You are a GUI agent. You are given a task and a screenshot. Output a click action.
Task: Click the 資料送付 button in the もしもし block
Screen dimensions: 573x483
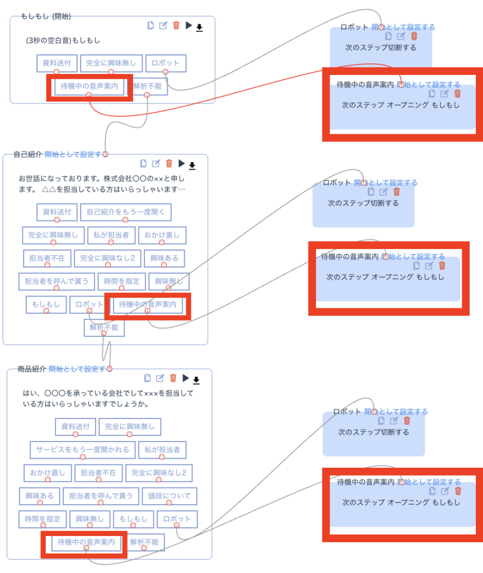[x=57, y=63]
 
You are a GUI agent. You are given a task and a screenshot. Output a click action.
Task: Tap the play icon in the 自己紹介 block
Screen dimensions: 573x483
[x=181, y=163]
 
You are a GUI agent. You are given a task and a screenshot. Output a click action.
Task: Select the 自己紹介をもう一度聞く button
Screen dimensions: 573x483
[x=126, y=212]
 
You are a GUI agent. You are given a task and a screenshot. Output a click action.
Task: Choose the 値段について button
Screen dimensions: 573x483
[x=169, y=496]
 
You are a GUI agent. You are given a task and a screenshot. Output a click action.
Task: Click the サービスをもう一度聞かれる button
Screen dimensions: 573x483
[x=82, y=449]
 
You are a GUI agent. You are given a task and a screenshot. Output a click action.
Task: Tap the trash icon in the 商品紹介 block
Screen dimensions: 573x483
[x=173, y=378]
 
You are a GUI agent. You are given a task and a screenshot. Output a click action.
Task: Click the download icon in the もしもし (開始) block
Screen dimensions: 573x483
[x=199, y=27]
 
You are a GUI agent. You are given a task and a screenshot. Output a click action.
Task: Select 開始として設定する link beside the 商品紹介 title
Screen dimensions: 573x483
[x=77, y=369]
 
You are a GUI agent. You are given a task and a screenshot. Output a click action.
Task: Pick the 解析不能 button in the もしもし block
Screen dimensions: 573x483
[x=147, y=87]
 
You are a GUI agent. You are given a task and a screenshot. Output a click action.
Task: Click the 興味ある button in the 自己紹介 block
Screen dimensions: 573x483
[x=165, y=258]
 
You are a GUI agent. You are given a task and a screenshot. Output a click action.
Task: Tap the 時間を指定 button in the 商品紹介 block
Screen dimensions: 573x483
[x=43, y=519]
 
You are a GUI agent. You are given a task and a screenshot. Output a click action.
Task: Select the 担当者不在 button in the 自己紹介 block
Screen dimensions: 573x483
[x=47, y=258]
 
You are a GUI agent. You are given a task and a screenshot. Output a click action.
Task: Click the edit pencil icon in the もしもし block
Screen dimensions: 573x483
[x=163, y=25]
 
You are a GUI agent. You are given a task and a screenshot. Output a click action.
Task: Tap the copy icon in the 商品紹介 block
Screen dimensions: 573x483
[x=148, y=378]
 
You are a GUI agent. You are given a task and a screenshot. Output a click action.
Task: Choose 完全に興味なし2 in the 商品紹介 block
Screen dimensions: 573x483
[x=158, y=472]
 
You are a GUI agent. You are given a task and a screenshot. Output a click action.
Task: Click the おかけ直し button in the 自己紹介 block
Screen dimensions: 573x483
[x=162, y=235]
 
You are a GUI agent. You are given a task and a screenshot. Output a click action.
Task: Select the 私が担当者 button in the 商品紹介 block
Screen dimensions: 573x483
[x=162, y=449]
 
